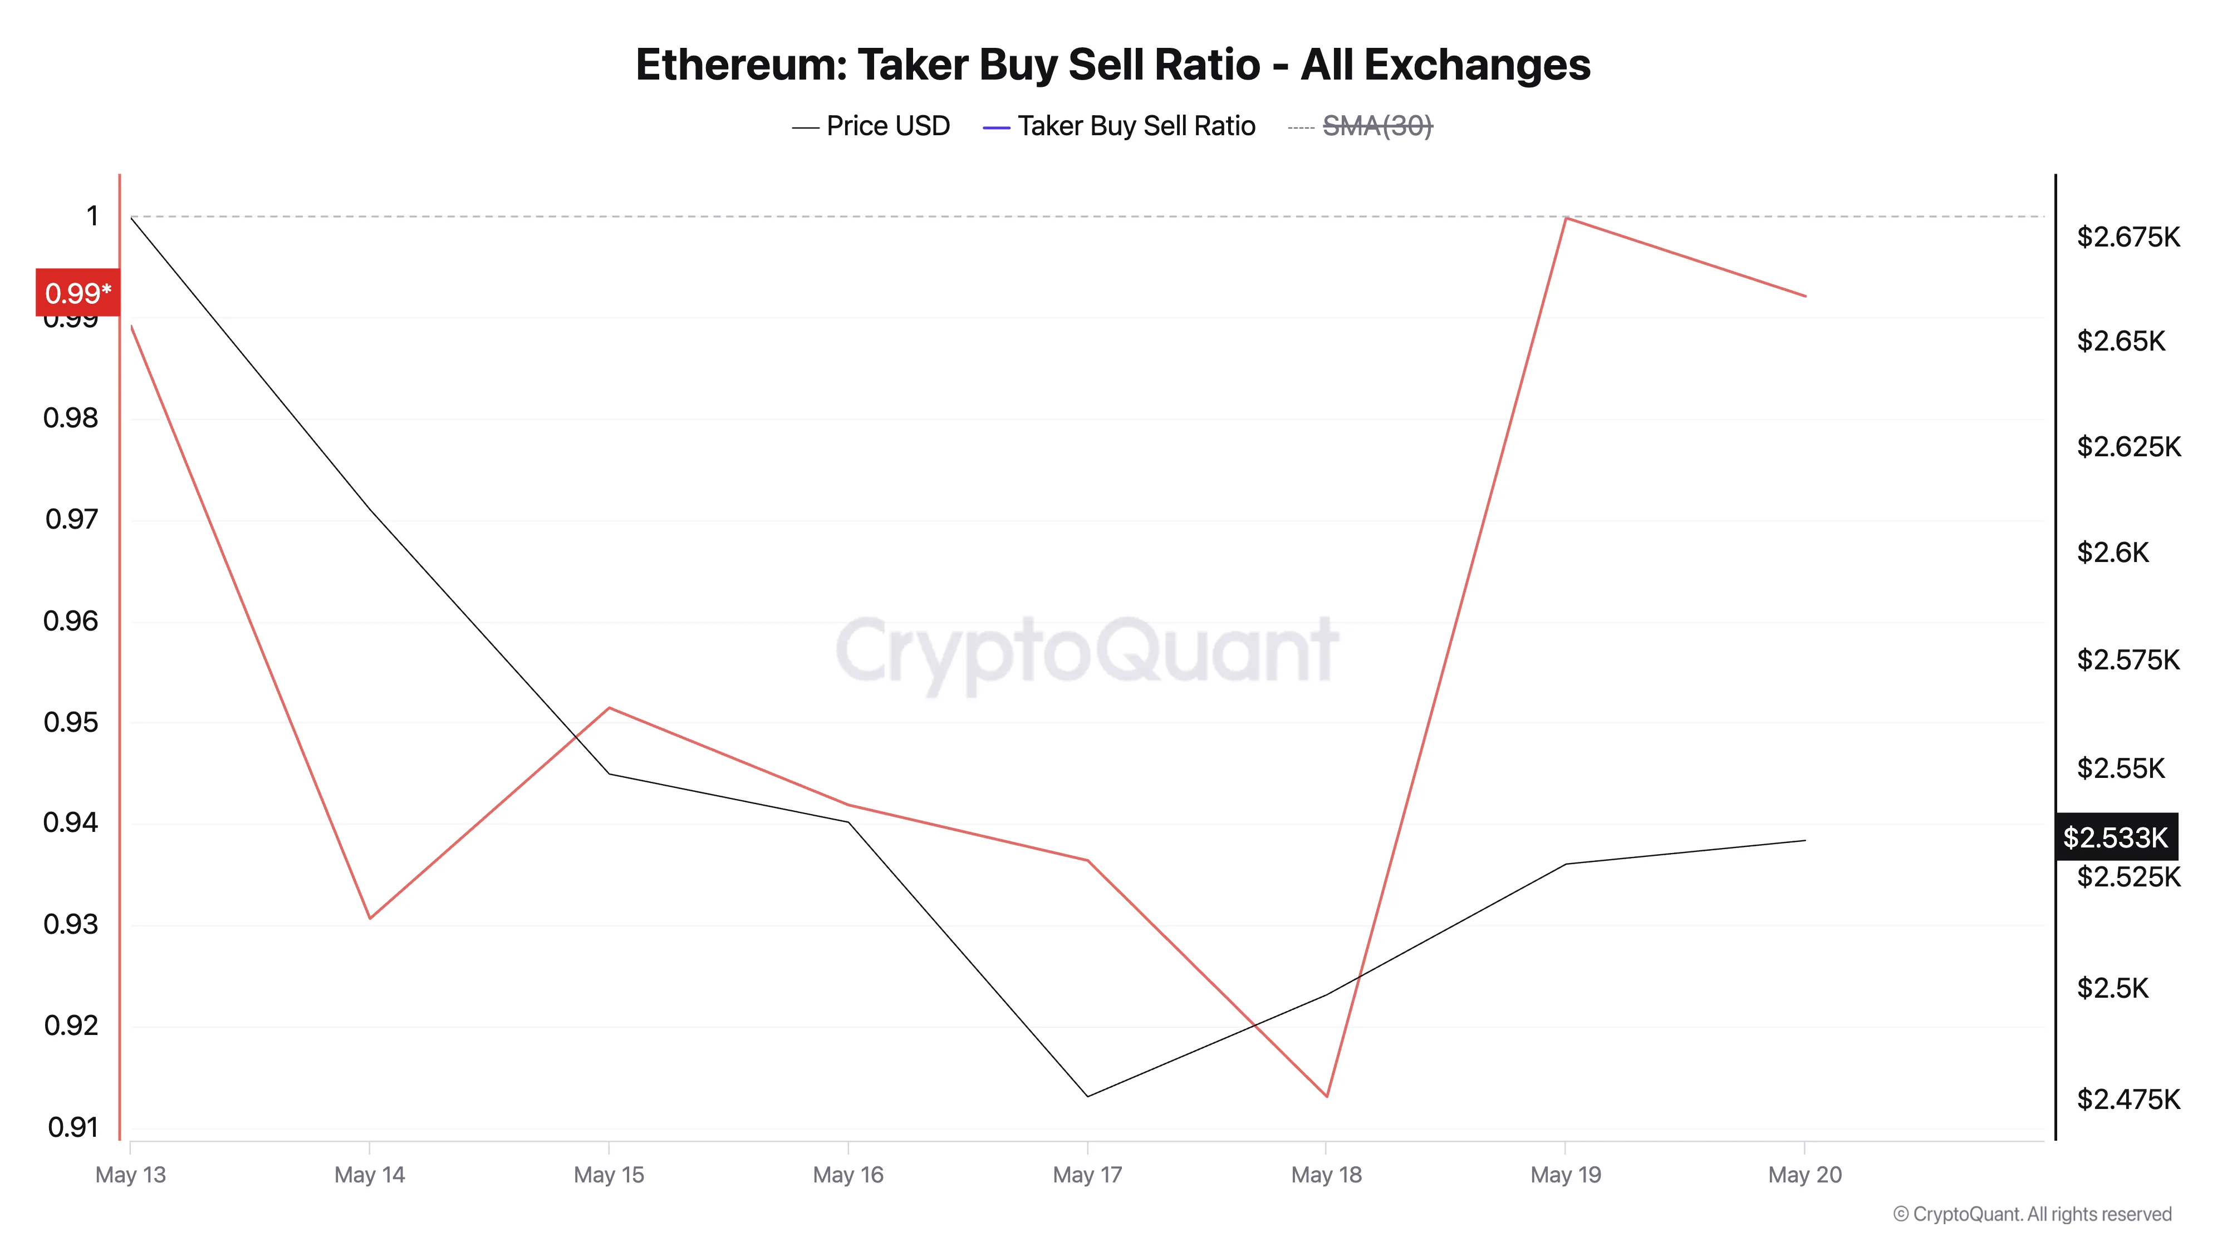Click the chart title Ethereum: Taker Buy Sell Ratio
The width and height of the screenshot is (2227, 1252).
pos(1112,65)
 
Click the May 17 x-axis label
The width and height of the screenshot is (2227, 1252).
pos(1087,1174)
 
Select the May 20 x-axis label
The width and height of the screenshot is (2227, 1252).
pos(1804,1174)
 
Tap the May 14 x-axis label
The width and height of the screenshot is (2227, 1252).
pos(369,1174)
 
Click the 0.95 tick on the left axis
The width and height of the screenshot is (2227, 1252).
pos(71,722)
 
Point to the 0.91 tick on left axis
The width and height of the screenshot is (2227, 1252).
pos(72,1127)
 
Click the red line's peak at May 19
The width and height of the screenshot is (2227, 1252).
pos(1566,218)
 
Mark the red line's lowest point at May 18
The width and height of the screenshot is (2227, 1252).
pos(1326,1096)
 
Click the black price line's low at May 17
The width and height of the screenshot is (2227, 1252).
pos(1087,1096)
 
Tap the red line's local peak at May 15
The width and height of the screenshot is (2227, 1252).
pos(610,708)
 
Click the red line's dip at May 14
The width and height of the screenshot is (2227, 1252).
pos(370,918)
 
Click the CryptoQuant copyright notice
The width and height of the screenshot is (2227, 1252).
pos(2032,1214)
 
